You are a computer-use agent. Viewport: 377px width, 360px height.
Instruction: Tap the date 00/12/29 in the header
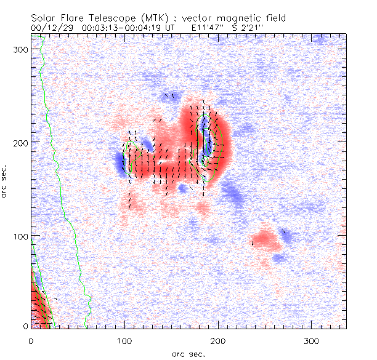click(48, 28)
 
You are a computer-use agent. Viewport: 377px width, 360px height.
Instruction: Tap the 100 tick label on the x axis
click(124, 340)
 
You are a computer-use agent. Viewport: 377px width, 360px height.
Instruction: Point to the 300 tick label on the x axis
click(312, 340)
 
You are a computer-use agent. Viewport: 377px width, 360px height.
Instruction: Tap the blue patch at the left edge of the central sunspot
click(119, 162)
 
